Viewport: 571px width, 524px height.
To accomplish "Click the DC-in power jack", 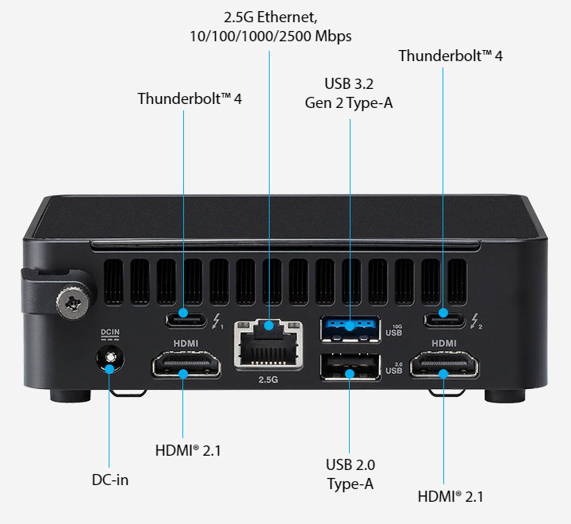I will [x=109, y=361].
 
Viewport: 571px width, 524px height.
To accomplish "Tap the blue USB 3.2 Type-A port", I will [x=349, y=327].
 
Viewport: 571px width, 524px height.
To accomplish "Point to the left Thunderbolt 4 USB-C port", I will [x=185, y=320].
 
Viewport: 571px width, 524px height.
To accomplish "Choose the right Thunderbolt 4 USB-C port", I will [x=443, y=319].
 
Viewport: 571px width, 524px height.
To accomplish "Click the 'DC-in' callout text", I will [x=109, y=480].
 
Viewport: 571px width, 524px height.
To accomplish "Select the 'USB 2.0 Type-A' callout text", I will [x=350, y=474].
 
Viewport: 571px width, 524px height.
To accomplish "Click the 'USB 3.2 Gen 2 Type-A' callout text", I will [x=349, y=93].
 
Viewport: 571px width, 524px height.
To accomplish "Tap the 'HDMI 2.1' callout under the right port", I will [x=450, y=497].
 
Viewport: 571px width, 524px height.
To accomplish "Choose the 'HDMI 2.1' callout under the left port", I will [x=188, y=450].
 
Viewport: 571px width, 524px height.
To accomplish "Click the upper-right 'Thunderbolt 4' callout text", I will [x=450, y=56].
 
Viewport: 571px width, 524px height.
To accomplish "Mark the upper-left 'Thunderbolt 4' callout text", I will [x=190, y=98].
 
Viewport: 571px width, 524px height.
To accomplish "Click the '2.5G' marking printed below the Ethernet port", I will [x=268, y=380].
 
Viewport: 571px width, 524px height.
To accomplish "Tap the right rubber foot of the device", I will [x=502, y=395].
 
